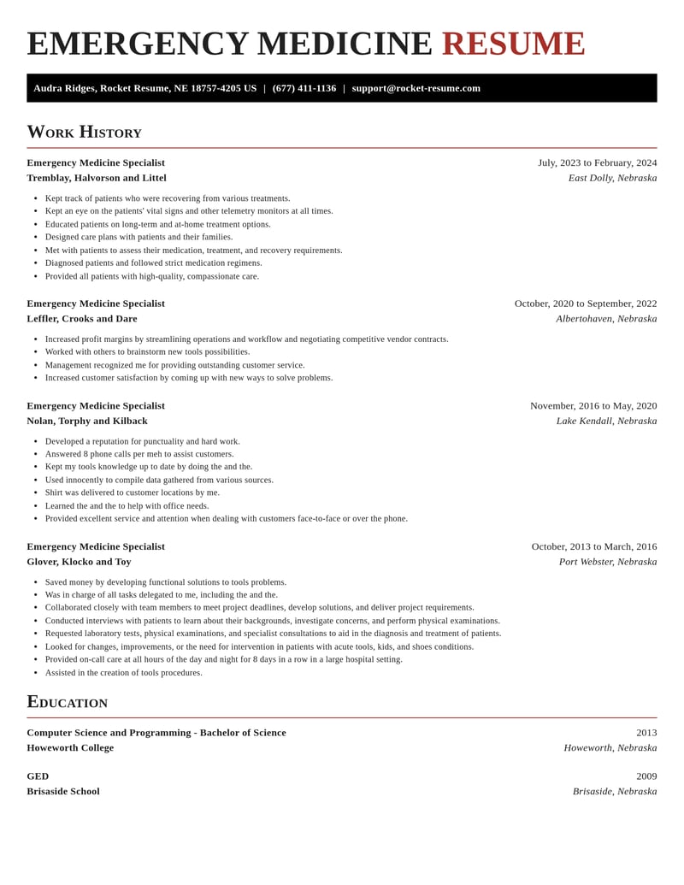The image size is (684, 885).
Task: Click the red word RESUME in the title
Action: point(513,44)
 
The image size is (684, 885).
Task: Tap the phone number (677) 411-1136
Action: point(304,88)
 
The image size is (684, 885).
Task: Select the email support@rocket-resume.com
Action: point(416,88)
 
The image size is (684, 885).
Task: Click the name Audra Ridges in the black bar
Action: point(64,88)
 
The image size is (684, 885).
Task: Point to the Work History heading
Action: point(84,132)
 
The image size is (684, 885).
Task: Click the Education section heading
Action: point(67,702)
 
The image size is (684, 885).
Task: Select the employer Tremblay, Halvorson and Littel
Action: point(97,178)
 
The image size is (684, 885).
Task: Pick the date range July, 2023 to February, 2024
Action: point(597,162)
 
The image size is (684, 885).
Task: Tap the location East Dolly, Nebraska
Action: point(612,178)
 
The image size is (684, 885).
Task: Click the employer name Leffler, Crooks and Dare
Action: point(82,319)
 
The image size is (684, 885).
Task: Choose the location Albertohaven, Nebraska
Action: point(606,319)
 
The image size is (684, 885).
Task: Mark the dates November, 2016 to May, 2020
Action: point(593,406)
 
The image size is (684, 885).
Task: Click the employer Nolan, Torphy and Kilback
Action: point(87,421)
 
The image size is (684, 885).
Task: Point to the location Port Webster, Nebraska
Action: point(608,562)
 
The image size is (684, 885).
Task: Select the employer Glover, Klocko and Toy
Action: point(79,562)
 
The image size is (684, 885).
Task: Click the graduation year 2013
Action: point(646,733)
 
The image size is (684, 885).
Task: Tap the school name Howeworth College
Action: point(70,748)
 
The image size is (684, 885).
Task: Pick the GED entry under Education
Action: point(38,776)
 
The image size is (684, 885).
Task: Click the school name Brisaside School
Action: point(63,792)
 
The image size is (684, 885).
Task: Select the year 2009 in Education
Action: point(646,776)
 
